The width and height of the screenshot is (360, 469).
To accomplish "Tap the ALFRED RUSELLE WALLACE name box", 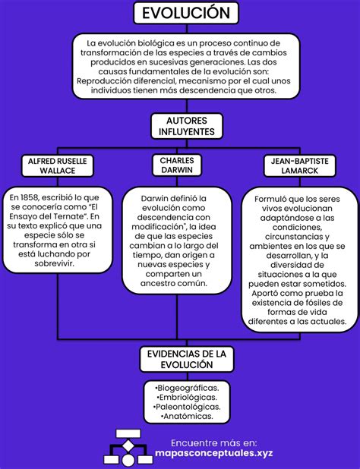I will point(58,167).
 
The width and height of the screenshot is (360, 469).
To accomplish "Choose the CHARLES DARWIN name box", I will point(177,165).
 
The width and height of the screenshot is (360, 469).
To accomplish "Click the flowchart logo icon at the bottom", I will point(127,448).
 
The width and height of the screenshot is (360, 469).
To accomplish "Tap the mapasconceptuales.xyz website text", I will point(213,454).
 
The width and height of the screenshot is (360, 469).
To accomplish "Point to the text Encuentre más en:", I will point(213,442).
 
